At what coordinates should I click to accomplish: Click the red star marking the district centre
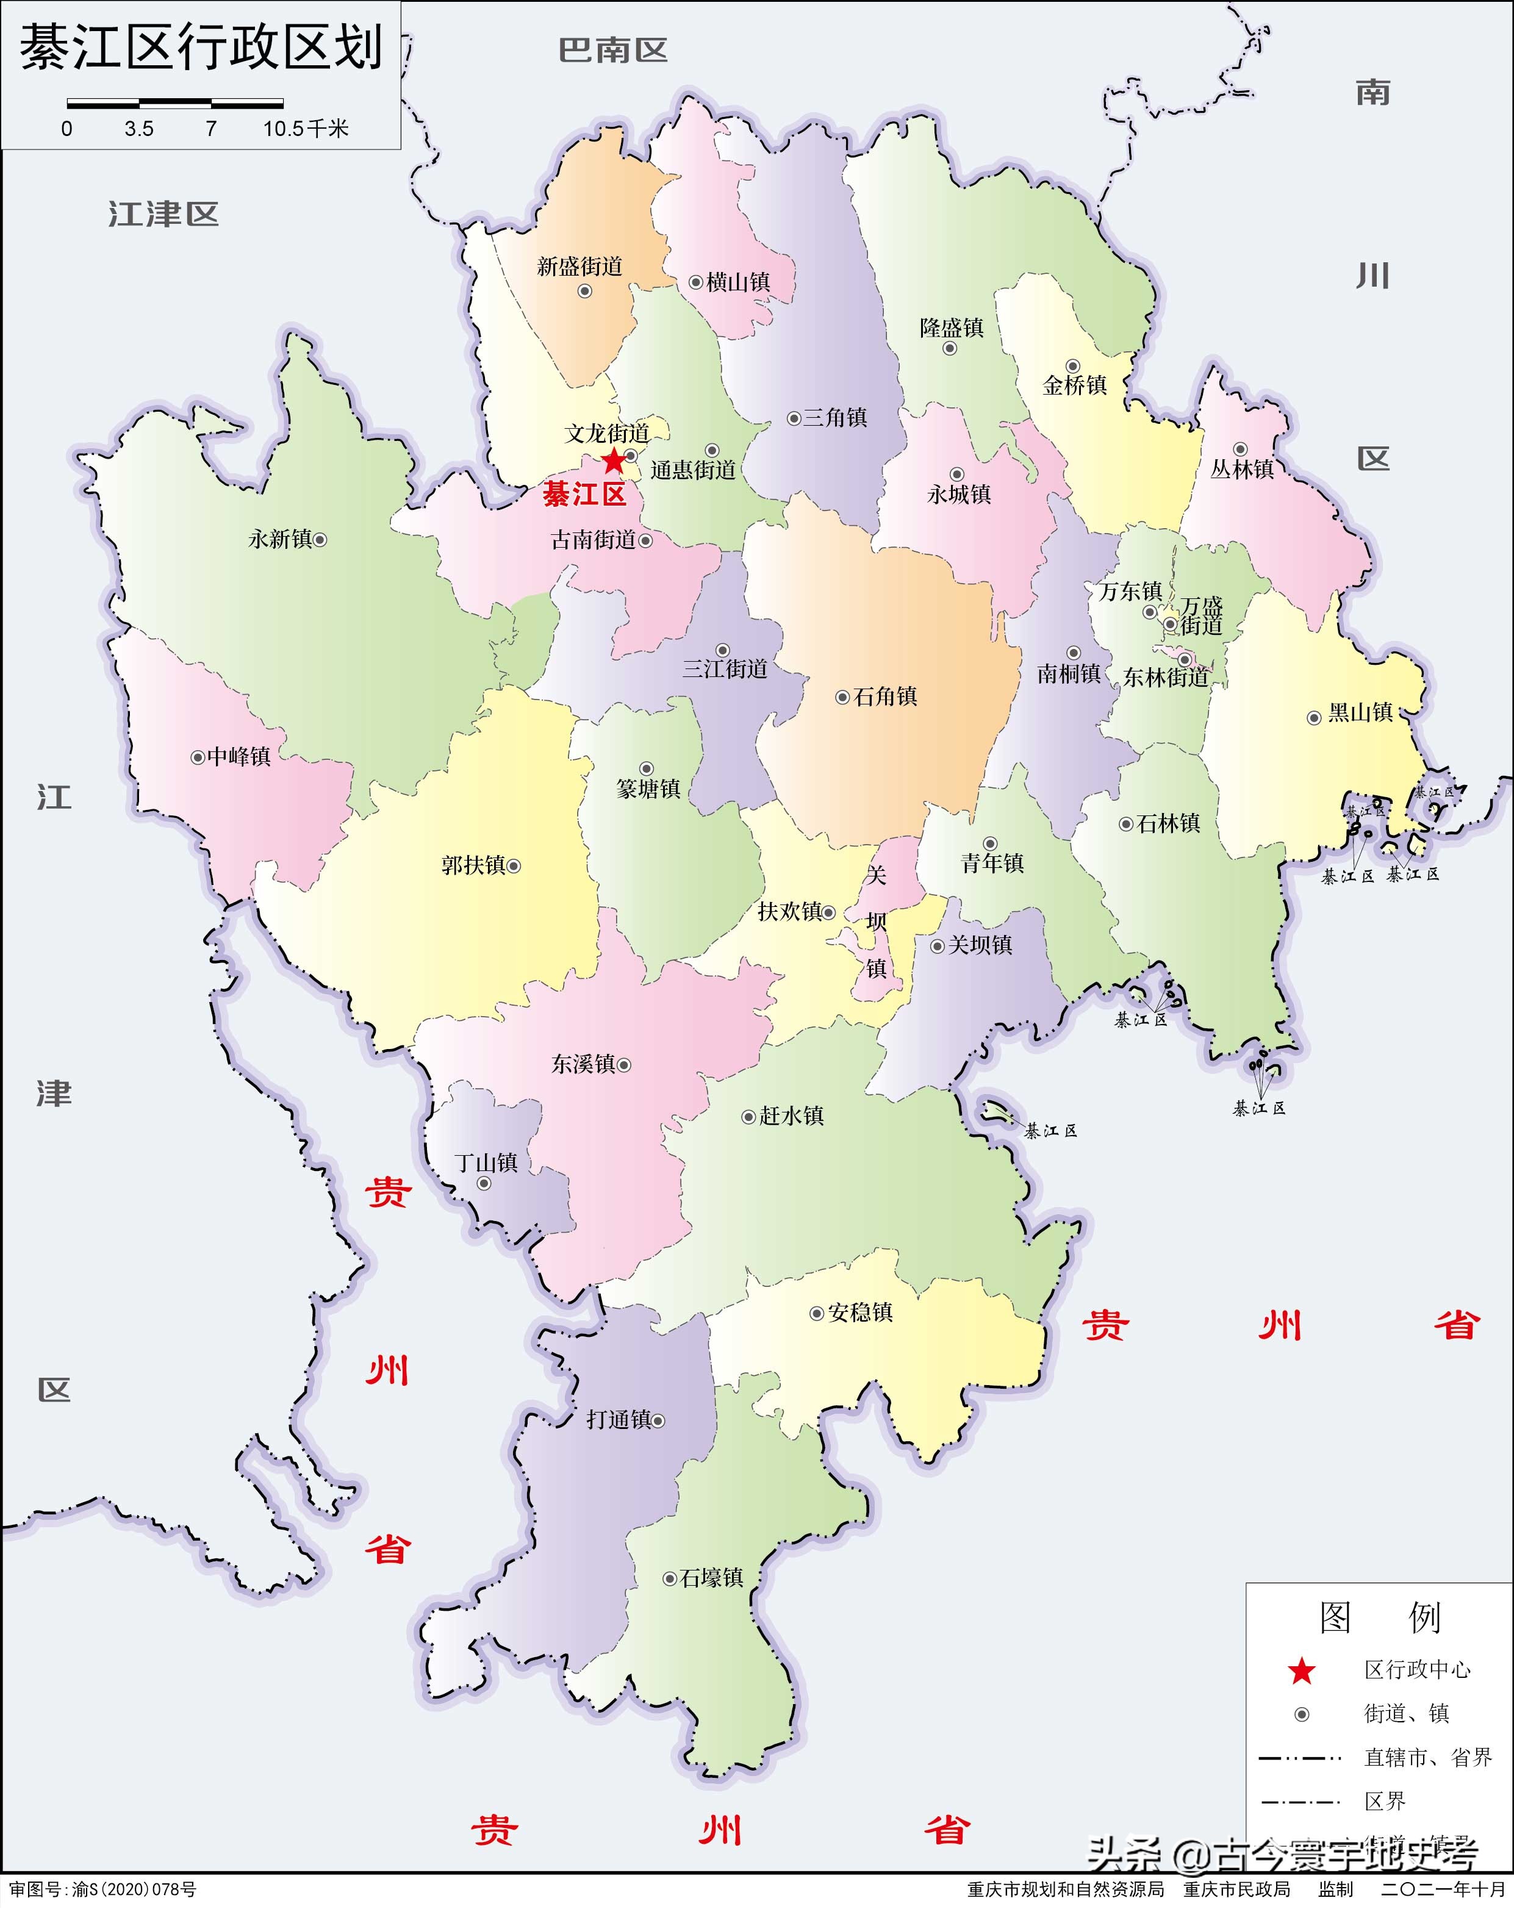pos(612,461)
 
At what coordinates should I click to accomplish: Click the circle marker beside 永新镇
pos(320,539)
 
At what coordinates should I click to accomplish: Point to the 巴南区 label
pos(612,51)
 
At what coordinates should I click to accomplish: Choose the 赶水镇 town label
pos(792,1116)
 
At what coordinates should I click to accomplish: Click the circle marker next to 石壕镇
pos(670,1578)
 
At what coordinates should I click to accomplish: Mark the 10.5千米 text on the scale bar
pos(306,129)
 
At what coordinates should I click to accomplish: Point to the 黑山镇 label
pos(1361,713)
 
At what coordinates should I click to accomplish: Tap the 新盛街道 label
pos(580,267)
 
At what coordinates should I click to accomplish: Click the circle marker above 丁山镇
pos(484,1184)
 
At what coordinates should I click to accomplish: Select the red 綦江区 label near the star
pos(584,494)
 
